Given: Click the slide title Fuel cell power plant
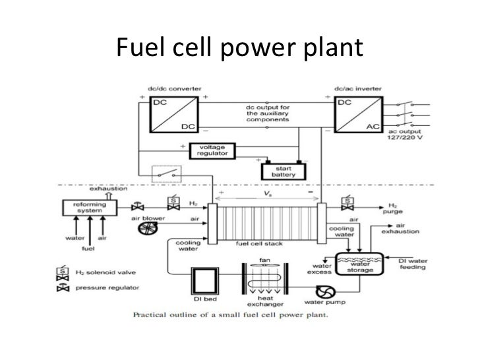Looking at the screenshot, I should pos(239,47).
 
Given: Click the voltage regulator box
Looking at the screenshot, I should pos(210,150).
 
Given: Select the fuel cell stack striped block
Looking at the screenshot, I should pos(267,216).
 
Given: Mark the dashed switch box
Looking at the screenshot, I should pos(164,175).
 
